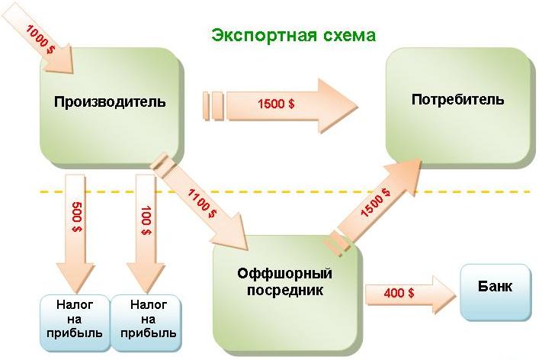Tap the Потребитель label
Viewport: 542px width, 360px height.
click(x=457, y=100)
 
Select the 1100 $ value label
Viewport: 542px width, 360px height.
click(x=200, y=202)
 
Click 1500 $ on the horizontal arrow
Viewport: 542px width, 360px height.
click(x=277, y=104)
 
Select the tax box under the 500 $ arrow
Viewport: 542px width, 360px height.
click(x=75, y=318)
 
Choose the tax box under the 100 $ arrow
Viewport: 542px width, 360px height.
click(x=144, y=318)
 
